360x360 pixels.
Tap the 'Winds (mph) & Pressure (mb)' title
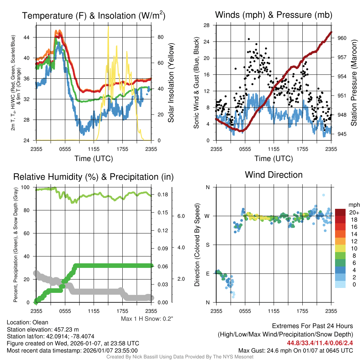[x=274, y=15]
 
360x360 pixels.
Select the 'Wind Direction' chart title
[x=274, y=175]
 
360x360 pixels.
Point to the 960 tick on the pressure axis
[x=342, y=38]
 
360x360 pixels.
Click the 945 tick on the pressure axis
[x=342, y=134]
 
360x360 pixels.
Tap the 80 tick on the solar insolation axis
[x=159, y=37]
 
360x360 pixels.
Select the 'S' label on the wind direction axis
[x=207, y=245]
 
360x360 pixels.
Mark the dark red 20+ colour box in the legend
[x=340, y=213]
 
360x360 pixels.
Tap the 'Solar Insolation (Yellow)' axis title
[x=171, y=83]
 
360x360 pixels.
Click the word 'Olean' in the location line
[x=40, y=322]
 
